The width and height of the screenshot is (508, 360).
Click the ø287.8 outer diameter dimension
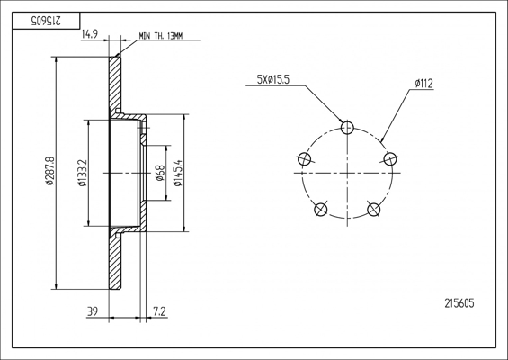pos(50,171)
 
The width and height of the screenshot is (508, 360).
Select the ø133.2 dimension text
pos(83,173)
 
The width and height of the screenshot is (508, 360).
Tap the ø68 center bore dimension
pos(160,173)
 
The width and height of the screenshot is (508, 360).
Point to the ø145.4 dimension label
pos(178,173)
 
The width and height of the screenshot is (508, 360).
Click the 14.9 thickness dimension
pos(90,34)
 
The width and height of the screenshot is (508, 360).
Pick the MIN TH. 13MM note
pos(161,36)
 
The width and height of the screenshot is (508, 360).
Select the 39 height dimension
pos(93,311)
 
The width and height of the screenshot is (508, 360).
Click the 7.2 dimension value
pos(159,311)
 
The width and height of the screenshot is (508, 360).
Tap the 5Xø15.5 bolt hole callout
pos(272,80)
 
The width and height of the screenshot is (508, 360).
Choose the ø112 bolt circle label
pos(423,84)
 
